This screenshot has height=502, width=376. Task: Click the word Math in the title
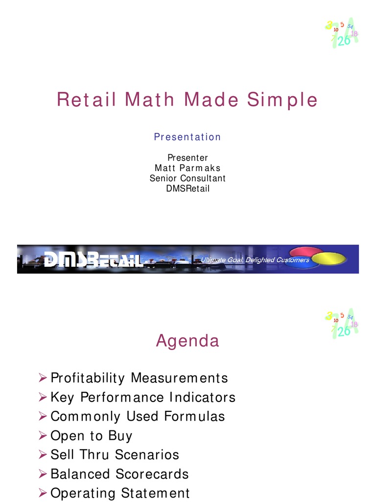pos(149,100)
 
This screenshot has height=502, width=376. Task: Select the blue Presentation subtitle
pos(188,137)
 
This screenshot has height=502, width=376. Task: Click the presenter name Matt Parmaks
pos(188,168)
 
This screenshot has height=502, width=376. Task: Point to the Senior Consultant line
pos(188,178)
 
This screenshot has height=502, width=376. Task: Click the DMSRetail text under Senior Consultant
pos(188,188)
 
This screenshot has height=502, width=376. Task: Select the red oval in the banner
pos(305,251)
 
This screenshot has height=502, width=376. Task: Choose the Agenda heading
pos(188,341)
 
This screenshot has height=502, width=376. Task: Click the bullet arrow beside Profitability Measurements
pos(43,377)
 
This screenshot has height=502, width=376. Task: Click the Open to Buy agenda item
pos(92,435)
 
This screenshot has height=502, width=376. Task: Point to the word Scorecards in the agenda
pos(152,474)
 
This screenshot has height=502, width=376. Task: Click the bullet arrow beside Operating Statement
pos(43,492)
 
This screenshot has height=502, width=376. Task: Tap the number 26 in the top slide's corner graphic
pos(344,41)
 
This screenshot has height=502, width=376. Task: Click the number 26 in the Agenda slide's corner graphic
pos(344,331)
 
